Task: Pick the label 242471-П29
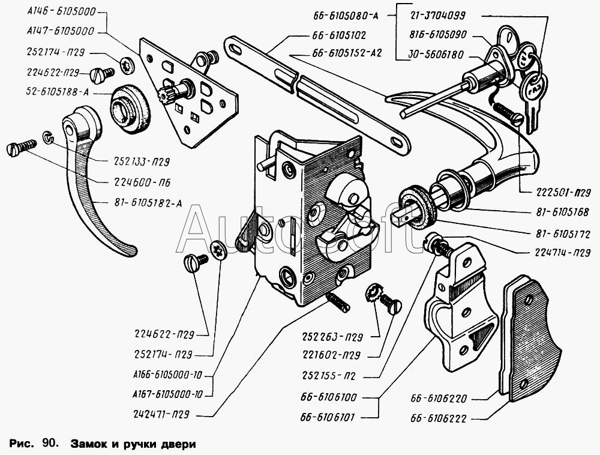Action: (x=172, y=415)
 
